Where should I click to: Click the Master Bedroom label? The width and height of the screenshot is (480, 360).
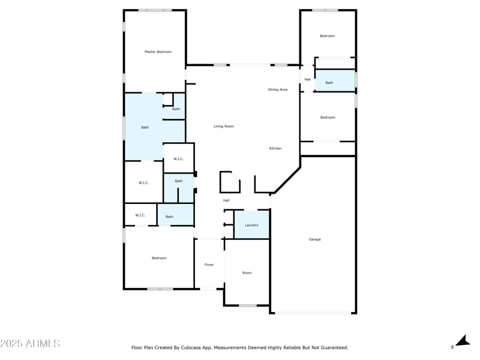pos(158,52)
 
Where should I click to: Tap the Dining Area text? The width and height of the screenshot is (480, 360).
pos(277,90)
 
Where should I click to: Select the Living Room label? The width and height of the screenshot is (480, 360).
pos(224,127)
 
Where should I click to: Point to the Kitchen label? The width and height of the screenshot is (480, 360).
pos(275,148)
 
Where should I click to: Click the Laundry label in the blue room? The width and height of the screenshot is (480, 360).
pos(251,226)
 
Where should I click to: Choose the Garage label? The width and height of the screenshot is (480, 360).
pos(314,239)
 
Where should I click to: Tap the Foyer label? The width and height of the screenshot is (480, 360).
pos(209,265)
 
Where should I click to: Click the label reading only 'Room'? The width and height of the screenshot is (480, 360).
pos(247,273)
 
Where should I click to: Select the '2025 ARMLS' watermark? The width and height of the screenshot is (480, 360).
pos(30,344)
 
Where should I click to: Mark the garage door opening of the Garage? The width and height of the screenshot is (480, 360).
pos(313,313)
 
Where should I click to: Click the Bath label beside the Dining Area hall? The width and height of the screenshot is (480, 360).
pos(329,83)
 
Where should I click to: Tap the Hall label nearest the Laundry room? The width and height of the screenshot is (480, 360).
pos(226,200)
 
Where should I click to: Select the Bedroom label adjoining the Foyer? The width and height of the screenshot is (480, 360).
pos(159,258)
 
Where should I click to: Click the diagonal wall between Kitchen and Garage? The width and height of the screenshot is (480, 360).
pos(287,181)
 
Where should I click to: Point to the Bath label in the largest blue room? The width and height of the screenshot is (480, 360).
pos(145,127)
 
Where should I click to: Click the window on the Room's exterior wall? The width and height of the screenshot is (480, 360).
pos(247,305)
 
